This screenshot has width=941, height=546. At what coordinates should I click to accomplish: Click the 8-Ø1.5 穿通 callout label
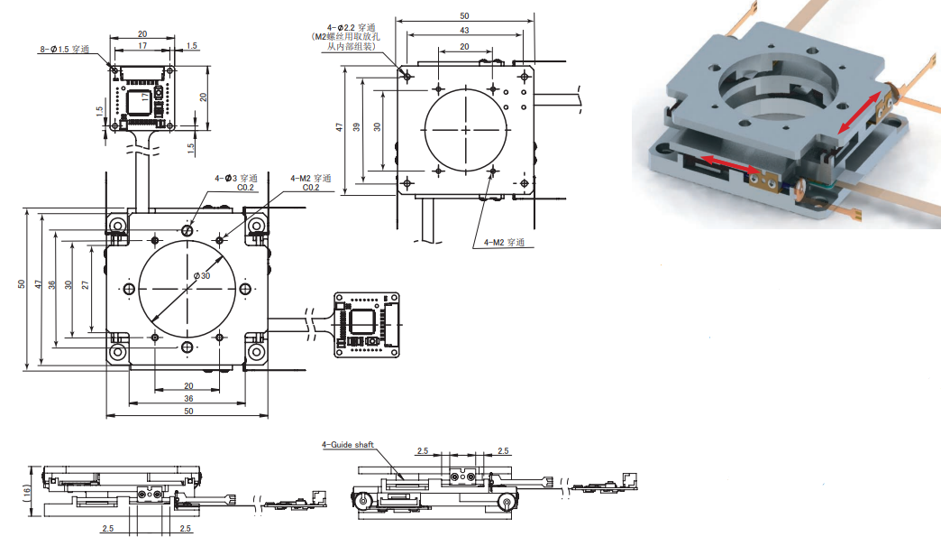point(64,50)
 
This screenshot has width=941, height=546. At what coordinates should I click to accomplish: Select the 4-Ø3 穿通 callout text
point(236,178)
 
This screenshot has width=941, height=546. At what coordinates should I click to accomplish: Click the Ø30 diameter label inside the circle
point(202,275)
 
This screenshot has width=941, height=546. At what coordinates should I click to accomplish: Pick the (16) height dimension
point(28,492)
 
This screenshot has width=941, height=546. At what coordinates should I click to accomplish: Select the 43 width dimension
point(462,31)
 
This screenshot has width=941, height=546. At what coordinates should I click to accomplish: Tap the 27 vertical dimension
point(85,283)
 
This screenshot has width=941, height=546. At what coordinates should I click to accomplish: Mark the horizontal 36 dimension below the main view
point(187,398)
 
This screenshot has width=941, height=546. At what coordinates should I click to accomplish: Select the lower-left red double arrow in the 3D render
point(729,164)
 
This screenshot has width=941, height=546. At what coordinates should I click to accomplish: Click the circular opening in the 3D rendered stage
point(772,89)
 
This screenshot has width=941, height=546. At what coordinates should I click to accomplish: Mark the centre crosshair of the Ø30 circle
point(187,288)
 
